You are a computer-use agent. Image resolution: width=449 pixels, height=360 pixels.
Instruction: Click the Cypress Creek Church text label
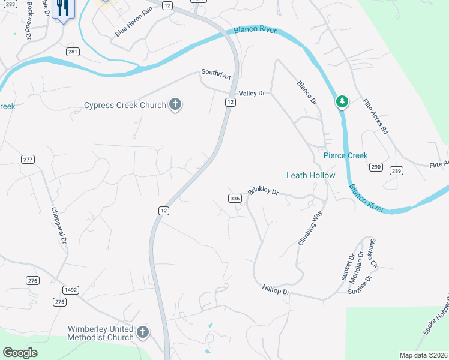pyautogui.click(x=125, y=106)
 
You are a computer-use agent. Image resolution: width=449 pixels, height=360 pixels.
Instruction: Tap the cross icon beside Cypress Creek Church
pyautogui.click(x=175, y=106)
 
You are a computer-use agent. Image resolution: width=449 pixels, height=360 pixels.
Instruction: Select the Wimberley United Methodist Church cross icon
pyautogui.click(x=142, y=332)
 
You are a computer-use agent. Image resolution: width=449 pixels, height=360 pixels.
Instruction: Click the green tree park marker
pyautogui.click(x=342, y=102)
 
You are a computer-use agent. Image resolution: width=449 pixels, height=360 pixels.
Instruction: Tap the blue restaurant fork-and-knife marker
pyautogui.click(x=62, y=8)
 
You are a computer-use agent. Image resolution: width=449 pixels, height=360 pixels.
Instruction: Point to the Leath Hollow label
pyautogui.click(x=310, y=175)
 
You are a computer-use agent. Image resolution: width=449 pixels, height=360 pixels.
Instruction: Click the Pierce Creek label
pyautogui.click(x=345, y=155)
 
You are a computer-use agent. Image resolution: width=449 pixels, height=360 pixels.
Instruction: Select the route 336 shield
pyautogui.click(x=235, y=198)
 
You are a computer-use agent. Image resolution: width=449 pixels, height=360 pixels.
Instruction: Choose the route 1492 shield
pyautogui.click(x=71, y=290)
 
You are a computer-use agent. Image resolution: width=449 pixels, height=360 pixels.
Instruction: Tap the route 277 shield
pyautogui.click(x=28, y=159)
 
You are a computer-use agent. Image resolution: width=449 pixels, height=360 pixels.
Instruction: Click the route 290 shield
pyautogui.click(x=376, y=166)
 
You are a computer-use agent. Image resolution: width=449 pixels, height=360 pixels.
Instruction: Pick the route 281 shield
pyautogui.click(x=73, y=52)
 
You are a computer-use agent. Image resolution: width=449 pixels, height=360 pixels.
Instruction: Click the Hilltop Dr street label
pyautogui.click(x=276, y=290)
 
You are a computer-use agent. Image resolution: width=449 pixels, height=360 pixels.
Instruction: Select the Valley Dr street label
pyautogui.click(x=252, y=94)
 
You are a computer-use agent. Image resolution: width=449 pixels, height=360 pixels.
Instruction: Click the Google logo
pyautogui.click(x=20, y=353)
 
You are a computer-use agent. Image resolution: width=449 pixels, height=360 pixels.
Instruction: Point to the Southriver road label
pyautogui.click(x=216, y=73)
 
